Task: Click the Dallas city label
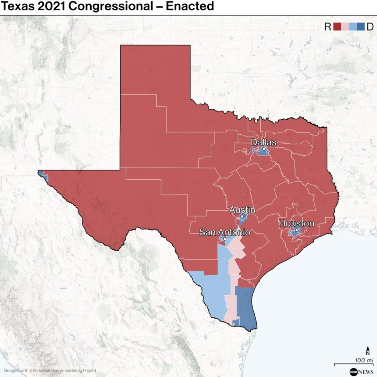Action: (x=263, y=142)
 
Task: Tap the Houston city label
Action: (x=296, y=223)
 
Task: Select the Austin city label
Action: (x=242, y=210)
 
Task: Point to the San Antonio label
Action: (x=225, y=232)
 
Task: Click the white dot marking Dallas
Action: (x=264, y=149)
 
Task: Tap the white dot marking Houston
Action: (x=296, y=230)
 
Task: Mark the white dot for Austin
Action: (x=242, y=216)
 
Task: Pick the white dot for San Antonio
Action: (x=225, y=239)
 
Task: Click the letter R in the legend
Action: (x=328, y=27)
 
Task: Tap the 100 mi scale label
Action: (x=364, y=360)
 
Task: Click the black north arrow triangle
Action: (x=368, y=348)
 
